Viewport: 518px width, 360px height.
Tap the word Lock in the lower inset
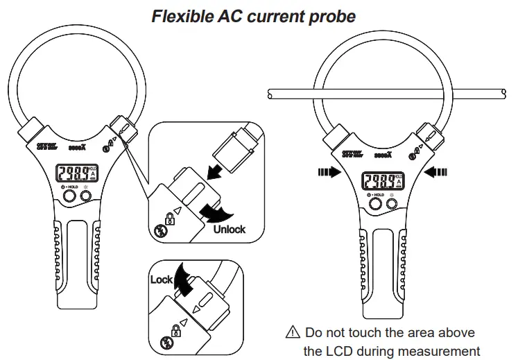pyautogui.click(x=162, y=280)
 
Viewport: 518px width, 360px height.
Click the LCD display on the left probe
pyautogui.click(x=76, y=176)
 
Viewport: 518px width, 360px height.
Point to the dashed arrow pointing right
pyautogui.click(x=327, y=173)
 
